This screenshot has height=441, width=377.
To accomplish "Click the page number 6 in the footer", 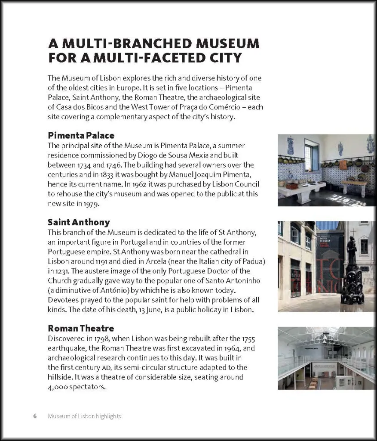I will click(35, 416).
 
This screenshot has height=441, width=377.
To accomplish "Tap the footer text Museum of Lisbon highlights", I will click(84, 416).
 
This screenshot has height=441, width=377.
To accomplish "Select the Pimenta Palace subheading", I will click(81, 135).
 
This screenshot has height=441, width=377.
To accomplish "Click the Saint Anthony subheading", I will click(79, 222).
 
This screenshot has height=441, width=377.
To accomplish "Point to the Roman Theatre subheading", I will click(81, 328).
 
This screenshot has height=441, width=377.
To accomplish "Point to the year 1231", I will click(60, 271).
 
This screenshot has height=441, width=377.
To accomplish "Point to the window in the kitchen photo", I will click(311, 155).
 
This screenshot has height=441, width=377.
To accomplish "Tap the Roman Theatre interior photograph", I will click(326, 358).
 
